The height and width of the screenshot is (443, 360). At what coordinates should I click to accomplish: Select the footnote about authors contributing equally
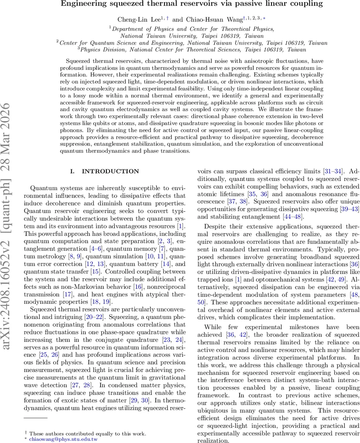pos(88,434)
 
